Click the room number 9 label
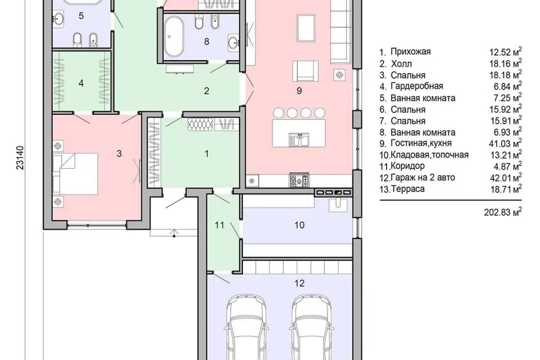point(299,91)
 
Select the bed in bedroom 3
point(75,174)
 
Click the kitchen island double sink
point(299,139)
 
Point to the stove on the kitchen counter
point(299,181)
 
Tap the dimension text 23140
point(21,157)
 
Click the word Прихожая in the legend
point(411,52)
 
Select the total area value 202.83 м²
point(503,212)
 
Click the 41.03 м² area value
point(506,143)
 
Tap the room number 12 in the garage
point(300,283)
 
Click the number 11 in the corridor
point(219,226)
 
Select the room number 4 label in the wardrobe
point(81,83)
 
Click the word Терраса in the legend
point(407,189)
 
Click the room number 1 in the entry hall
point(206,154)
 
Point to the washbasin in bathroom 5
point(59,19)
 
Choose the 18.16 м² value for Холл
point(506,64)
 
